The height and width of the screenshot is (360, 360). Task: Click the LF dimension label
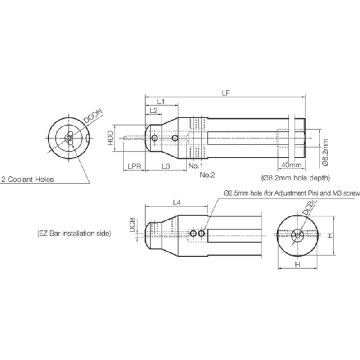[x=226, y=93]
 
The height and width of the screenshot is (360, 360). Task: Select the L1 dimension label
[x=161, y=102]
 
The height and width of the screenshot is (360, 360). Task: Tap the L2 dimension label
[x=153, y=110]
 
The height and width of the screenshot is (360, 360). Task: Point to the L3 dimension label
[x=166, y=166]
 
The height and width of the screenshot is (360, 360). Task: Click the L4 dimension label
[x=177, y=202]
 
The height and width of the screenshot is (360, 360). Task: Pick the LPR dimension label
[x=134, y=166]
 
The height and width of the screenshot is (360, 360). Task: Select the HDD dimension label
[x=111, y=138]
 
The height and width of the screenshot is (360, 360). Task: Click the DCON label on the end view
[x=93, y=116]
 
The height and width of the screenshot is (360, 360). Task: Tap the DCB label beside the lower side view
[x=132, y=225]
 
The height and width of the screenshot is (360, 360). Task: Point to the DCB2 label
[x=309, y=207]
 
